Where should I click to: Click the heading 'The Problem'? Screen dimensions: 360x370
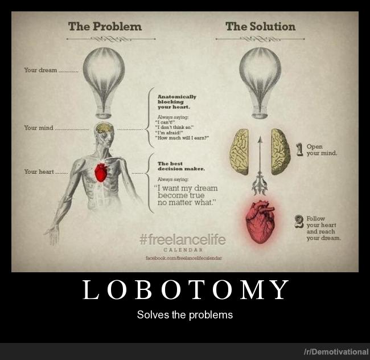click(105, 26)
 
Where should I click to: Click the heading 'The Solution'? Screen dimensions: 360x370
click(260, 26)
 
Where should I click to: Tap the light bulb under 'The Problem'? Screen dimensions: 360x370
click(104, 77)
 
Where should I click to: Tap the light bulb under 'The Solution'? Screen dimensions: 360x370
click(260, 77)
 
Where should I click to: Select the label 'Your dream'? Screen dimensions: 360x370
click(40, 70)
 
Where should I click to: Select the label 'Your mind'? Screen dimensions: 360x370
click(39, 128)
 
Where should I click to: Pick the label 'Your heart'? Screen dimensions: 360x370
click(39, 171)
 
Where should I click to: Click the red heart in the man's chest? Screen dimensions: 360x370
click(101, 171)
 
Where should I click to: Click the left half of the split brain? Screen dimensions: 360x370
click(239, 151)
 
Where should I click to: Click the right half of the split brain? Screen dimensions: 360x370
click(280, 151)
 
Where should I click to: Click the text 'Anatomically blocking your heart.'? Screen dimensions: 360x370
click(177, 101)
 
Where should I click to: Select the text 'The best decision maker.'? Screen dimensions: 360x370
click(180, 166)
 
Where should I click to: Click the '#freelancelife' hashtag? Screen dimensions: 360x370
click(182, 240)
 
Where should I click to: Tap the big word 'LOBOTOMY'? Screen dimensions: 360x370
click(185, 291)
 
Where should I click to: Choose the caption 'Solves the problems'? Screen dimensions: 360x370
click(185, 314)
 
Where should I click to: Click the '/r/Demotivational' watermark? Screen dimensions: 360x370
click(335, 352)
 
